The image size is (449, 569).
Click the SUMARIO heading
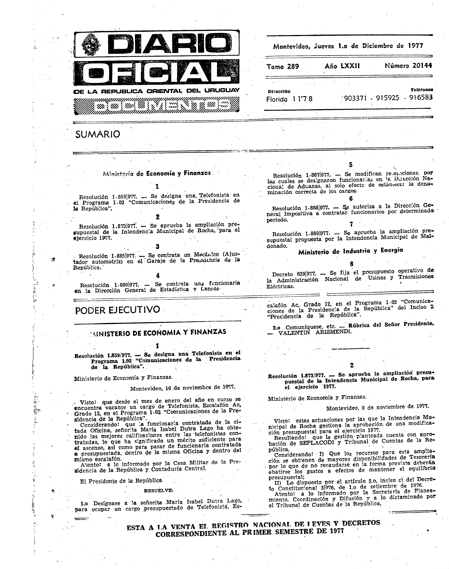98,134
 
